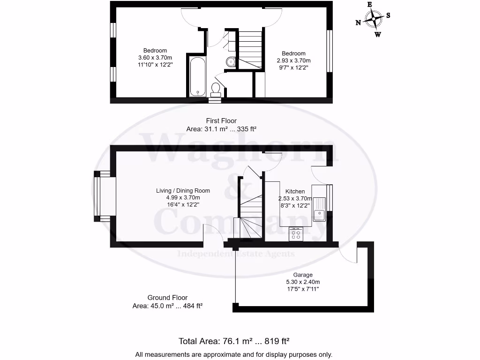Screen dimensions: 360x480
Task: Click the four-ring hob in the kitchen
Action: coord(296,234)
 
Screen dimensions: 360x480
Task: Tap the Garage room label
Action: coord(303,275)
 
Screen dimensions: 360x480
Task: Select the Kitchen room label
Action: coord(295,191)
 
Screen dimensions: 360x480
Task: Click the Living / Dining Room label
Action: coord(183,191)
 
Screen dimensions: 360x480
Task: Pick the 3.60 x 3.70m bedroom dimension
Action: coord(155,58)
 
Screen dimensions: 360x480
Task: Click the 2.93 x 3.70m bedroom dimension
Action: coord(293,60)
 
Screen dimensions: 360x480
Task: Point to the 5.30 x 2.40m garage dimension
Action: coord(303,282)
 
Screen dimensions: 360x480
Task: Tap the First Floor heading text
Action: coord(221,121)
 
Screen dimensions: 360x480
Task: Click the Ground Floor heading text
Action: coord(167,298)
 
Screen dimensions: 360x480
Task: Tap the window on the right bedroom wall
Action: coord(330,52)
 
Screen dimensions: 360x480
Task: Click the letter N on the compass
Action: coord(358,22)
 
